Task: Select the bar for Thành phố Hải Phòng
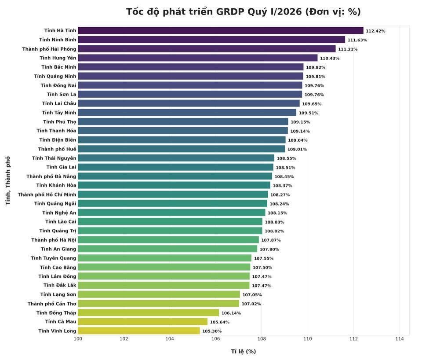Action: (207, 49)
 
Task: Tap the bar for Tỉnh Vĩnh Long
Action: (138, 331)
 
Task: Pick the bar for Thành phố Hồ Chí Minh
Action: (173, 195)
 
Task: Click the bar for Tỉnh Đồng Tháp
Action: (148, 313)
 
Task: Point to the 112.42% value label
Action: (375, 31)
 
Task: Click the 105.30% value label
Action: (212, 331)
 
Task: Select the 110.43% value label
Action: (330, 59)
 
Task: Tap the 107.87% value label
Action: (271, 240)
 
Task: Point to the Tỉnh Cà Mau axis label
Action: (60, 322)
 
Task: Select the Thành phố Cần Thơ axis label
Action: (51, 304)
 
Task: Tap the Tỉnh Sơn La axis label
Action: (61, 94)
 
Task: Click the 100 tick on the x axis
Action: (78, 339)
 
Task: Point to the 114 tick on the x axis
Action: (400, 339)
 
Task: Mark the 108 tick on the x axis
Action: (262, 339)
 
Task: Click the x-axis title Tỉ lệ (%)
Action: (243, 351)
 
